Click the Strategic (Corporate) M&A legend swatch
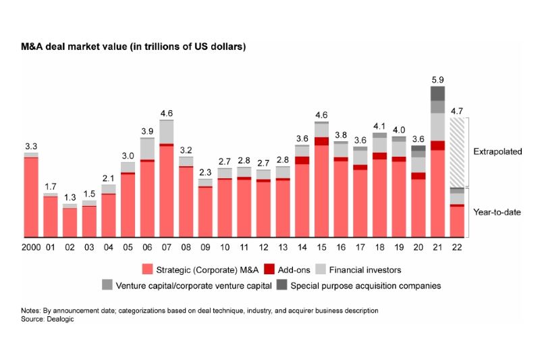pos(147,270)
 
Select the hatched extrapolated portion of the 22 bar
pos(457,152)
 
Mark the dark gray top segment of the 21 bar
pos(437,93)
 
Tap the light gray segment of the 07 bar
pos(167,132)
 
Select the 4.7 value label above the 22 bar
pos(457,110)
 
